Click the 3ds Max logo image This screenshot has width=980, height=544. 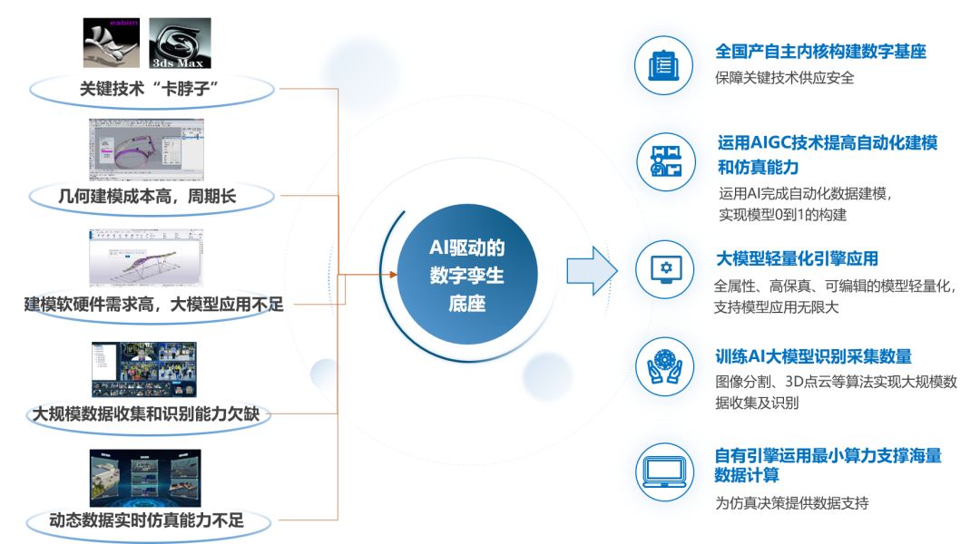[180, 44]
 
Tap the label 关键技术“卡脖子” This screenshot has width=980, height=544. [149, 89]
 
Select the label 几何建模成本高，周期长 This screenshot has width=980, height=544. [147, 196]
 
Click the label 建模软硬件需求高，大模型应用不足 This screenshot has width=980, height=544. [153, 304]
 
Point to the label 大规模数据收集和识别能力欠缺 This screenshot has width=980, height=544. [145, 413]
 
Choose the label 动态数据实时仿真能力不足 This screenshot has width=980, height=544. [146, 520]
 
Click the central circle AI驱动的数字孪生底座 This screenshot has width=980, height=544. [467, 274]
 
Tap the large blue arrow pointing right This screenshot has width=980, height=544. [592, 271]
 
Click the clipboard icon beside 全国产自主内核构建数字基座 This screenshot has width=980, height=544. [663, 65]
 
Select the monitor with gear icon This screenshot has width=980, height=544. [665, 269]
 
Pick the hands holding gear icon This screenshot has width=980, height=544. [664, 366]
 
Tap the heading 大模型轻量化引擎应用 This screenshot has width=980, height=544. [797, 258]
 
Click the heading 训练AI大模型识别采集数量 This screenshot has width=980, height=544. [813, 356]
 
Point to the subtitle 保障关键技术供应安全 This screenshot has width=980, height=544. [784, 78]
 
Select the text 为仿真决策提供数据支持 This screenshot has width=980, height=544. [792, 503]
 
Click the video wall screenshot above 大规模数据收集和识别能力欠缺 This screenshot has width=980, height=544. [143, 369]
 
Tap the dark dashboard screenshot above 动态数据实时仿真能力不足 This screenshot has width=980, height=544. [145, 478]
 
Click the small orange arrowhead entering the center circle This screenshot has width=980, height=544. [393, 274]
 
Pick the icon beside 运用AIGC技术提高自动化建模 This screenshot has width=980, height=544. [666, 161]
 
